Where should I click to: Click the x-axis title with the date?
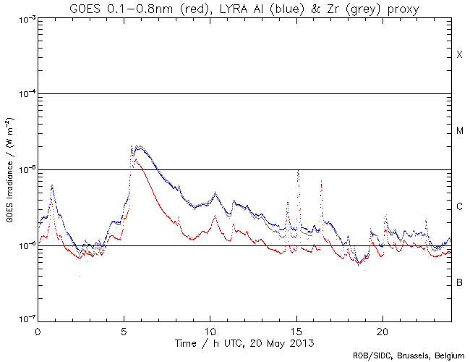[x=244, y=341]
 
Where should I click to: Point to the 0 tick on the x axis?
[x=38, y=330]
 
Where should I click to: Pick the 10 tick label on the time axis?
[x=210, y=330]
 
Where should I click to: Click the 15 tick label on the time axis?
[x=296, y=330]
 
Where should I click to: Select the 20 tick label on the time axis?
[x=382, y=330]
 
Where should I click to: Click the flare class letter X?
[x=459, y=55]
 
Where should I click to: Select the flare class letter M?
[x=459, y=131]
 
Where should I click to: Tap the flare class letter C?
[x=459, y=207]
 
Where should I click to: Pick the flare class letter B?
[x=459, y=282]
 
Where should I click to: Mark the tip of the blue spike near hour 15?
[x=299, y=171]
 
